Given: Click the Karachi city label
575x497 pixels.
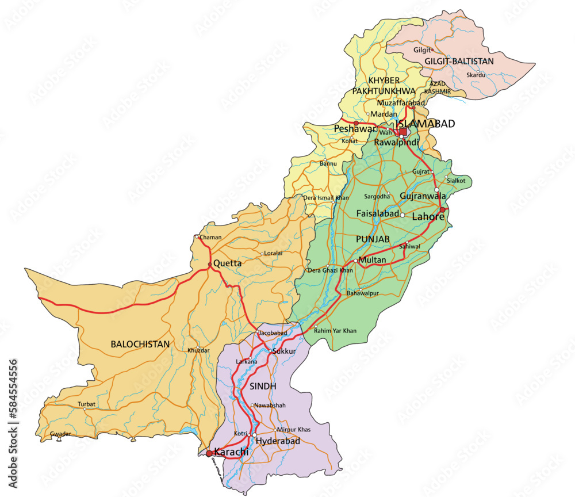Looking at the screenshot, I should coord(232,452).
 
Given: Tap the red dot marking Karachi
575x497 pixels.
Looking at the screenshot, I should coord(209,454).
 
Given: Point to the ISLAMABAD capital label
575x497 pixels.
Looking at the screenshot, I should coord(425,124).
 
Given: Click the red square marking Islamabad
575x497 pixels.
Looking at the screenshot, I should coord(403,132).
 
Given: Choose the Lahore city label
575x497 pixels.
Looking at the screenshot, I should coord(428,217).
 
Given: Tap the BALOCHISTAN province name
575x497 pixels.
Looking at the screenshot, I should coord(140,344).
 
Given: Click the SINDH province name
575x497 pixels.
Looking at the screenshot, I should coord(263,385).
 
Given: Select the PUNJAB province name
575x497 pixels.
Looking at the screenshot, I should coord(373,238).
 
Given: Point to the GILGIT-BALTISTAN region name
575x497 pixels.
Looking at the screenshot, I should coord(459,60).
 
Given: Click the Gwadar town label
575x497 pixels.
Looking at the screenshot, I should coord(60,434).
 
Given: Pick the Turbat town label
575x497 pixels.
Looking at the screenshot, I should coord(87,404).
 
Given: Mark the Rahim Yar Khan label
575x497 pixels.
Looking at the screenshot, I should coord(335,331).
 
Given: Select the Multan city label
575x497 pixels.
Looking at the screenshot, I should coord(372,261).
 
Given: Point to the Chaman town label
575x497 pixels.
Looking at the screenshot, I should coord(210,237).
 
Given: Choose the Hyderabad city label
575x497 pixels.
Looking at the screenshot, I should coord(278,441).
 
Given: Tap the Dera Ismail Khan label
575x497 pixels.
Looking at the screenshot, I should coord(326,198).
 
